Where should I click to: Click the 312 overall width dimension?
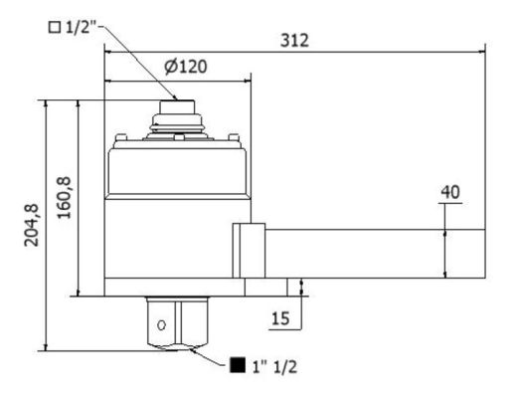[x=294, y=41]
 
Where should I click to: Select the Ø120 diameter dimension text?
[x=186, y=67]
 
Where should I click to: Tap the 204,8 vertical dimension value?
[x=32, y=225]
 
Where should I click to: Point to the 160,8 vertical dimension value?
[x=64, y=197]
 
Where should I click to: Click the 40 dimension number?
[x=450, y=192]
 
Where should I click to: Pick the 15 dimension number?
[x=280, y=318]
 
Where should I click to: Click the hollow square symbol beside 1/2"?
[x=55, y=27]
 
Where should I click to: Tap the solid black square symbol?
[x=238, y=365]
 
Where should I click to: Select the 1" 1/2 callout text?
[x=274, y=367]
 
